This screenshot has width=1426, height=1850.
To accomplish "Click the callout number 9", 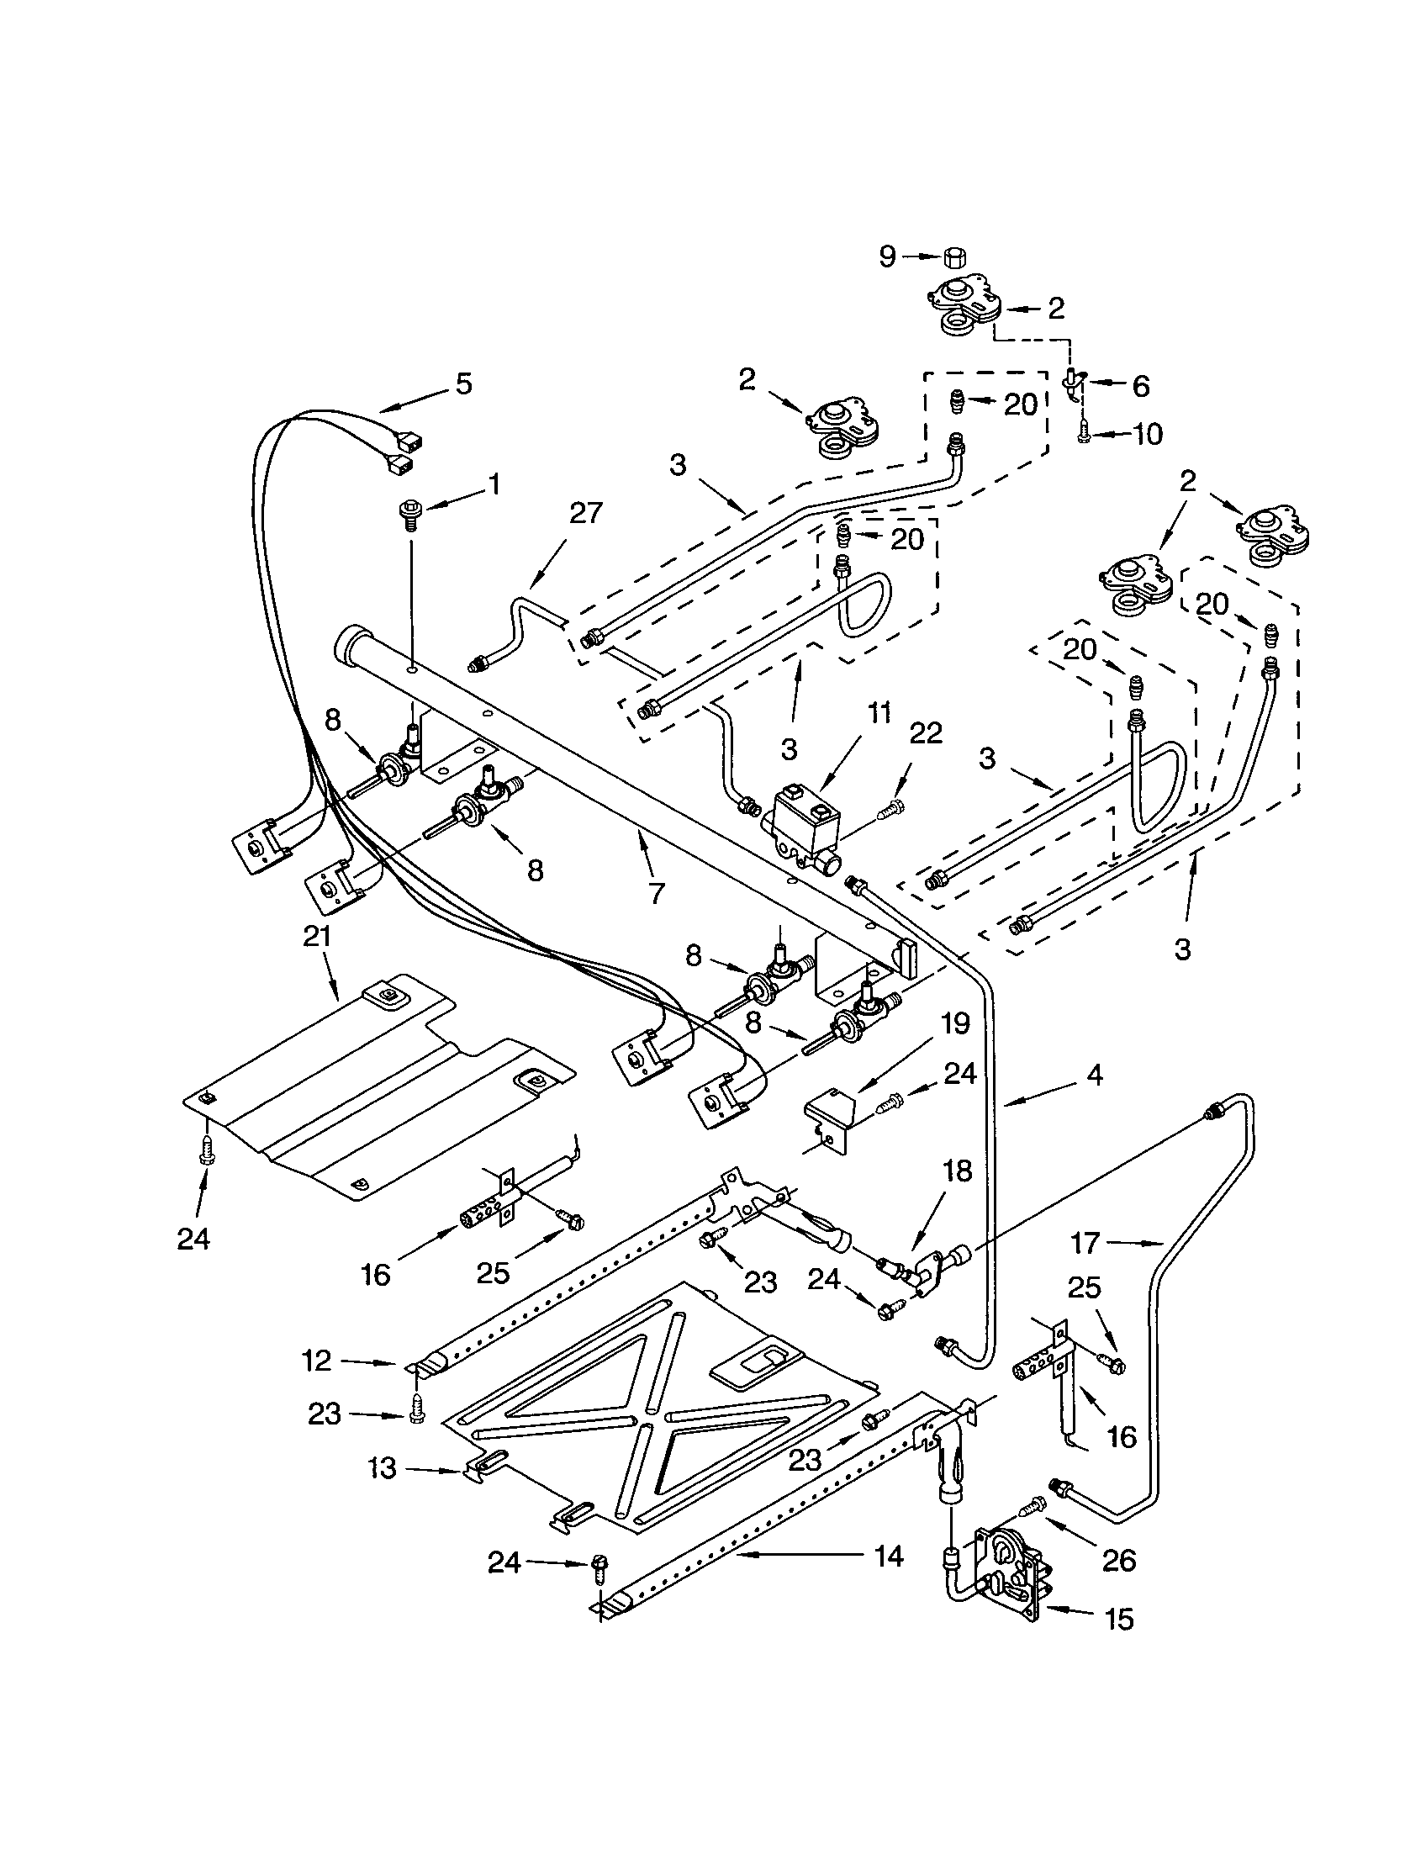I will [x=886, y=256].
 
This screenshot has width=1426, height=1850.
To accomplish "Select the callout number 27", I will [x=584, y=513].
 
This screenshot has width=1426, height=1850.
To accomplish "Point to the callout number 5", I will [x=463, y=383].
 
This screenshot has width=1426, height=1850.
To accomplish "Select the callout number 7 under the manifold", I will [x=656, y=893].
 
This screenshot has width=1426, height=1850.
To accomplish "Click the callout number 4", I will [x=1095, y=1076].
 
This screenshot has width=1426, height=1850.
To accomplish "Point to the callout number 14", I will [x=886, y=1555].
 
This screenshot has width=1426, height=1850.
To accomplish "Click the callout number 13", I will [x=383, y=1468].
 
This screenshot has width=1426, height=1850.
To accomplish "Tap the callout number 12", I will [x=317, y=1361].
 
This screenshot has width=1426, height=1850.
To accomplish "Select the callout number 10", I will [x=1148, y=435].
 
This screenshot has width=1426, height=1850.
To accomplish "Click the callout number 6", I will [x=1141, y=386].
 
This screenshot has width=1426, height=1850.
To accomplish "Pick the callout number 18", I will [x=954, y=1171].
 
